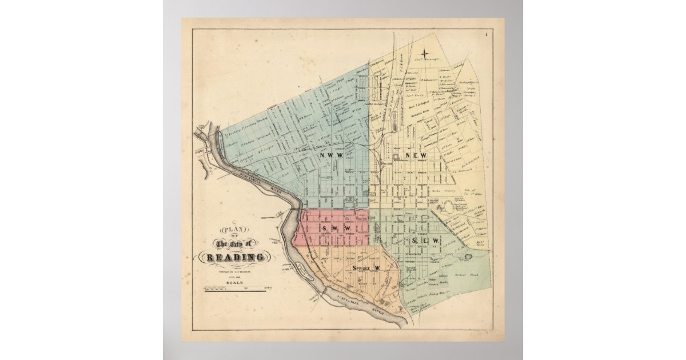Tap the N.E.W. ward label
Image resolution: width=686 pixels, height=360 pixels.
pyautogui.click(x=417, y=156)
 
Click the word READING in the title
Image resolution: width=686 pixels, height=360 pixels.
pyautogui.click(x=235, y=257)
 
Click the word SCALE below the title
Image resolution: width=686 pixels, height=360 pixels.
pyautogui.click(x=235, y=282)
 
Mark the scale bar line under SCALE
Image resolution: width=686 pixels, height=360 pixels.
pyautogui.click(x=235, y=290)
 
